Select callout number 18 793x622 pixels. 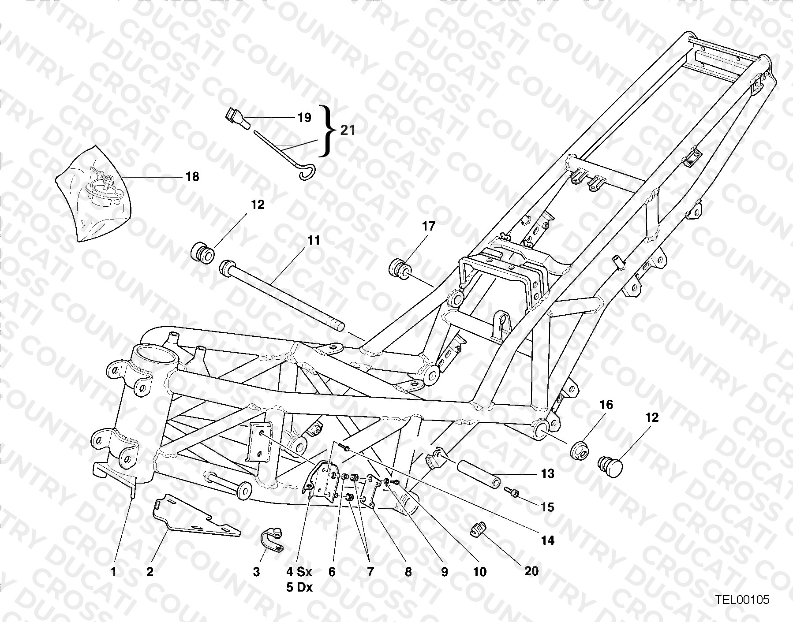(x=192, y=177)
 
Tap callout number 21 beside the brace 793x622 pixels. (x=347, y=130)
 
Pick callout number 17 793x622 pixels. (x=429, y=227)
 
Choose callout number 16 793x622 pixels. (x=606, y=405)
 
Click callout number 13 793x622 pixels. (x=547, y=474)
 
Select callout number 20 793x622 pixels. (x=531, y=571)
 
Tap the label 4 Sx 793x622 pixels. (x=299, y=572)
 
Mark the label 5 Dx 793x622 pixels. (x=299, y=588)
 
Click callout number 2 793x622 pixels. (x=150, y=572)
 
